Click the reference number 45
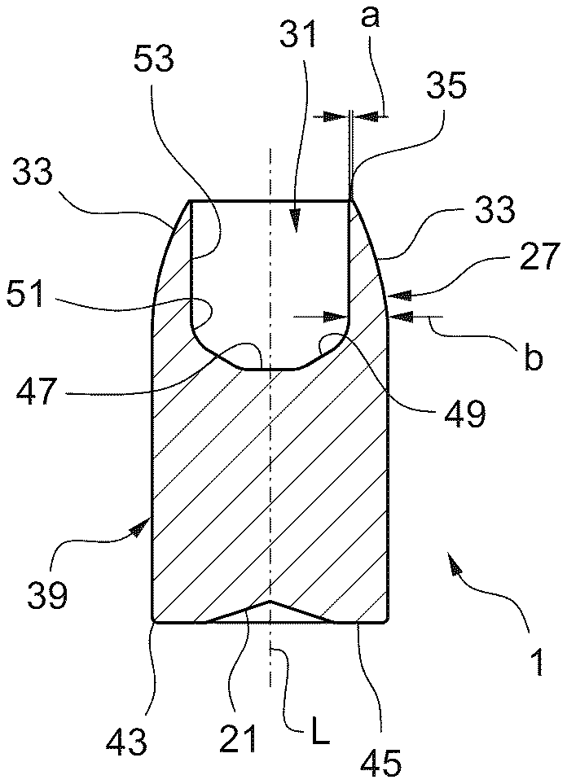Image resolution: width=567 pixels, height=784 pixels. click(x=381, y=762)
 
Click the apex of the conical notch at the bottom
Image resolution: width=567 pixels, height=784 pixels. click(x=269, y=602)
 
